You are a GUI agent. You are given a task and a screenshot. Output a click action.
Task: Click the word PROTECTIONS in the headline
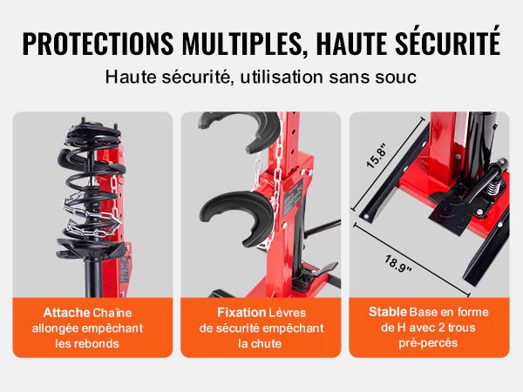coord(98,44)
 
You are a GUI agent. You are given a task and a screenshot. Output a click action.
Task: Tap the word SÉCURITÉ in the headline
coord(448,41)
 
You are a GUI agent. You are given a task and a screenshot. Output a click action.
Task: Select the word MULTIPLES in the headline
coord(242,44)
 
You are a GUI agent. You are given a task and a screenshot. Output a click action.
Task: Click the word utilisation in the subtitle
coord(282,77)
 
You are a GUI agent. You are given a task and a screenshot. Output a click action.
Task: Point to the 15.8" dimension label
coord(377,156)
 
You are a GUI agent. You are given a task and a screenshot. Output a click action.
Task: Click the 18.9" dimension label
coord(397,264)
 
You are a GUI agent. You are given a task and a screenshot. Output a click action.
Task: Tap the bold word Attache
coord(67,313)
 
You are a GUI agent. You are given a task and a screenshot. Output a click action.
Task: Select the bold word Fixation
coord(241,313)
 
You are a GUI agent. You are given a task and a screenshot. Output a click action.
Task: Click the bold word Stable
coord(388,312)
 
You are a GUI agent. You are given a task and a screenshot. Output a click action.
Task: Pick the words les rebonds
coord(87,343)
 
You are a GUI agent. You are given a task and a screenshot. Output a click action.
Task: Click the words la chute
coord(260,343)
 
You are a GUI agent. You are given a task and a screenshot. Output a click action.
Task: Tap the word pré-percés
coord(428,343)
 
